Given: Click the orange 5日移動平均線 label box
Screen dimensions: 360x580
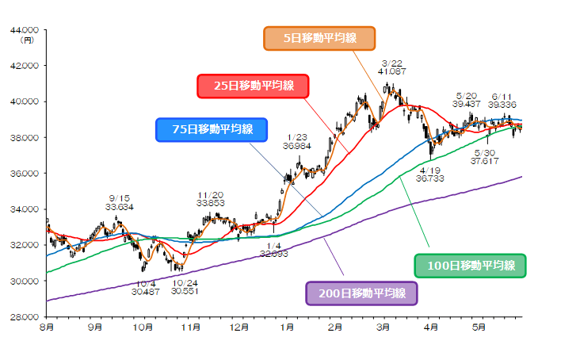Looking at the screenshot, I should (x=319, y=38).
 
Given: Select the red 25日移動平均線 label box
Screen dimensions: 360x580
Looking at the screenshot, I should (x=251, y=86).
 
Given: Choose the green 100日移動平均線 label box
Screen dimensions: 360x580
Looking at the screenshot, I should (x=471, y=265).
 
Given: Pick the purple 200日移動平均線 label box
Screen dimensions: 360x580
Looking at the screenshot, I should (x=361, y=293).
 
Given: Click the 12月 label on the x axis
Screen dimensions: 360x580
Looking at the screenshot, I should (x=238, y=326).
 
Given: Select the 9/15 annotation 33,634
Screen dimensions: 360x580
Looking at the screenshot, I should (x=120, y=202).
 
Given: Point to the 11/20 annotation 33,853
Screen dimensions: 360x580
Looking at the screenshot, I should (x=211, y=199).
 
